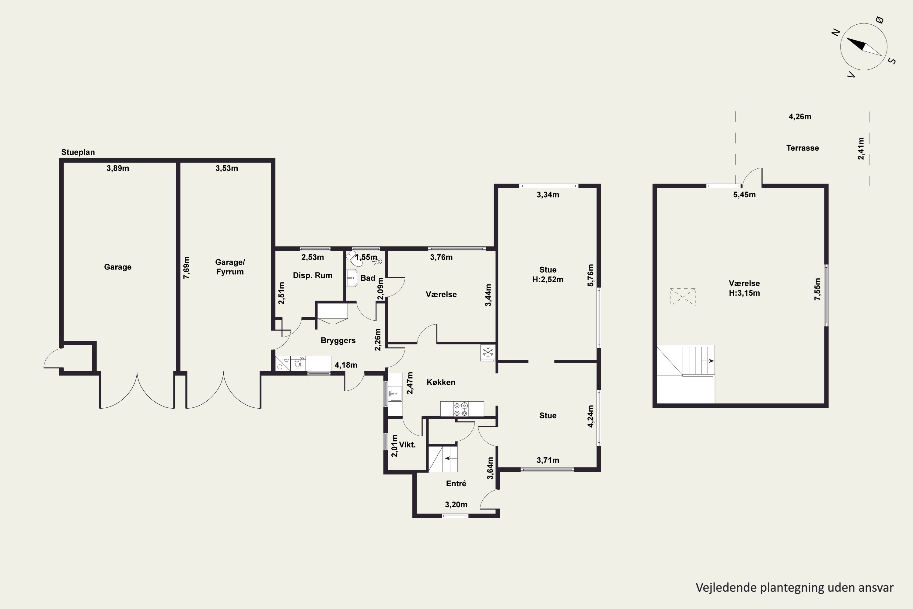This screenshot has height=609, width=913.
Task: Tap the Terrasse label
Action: click(x=802, y=148)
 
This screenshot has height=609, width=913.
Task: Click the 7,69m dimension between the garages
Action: click(x=187, y=268)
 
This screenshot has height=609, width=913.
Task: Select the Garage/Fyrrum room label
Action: click(x=230, y=267)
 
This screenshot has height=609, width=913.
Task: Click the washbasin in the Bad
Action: click(x=352, y=278)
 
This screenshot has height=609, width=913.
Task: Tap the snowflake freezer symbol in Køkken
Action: click(x=488, y=352)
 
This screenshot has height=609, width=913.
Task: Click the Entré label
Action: click(x=456, y=484)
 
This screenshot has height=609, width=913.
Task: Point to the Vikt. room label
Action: click(x=407, y=445)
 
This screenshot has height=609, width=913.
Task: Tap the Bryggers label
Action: click(x=338, y=341)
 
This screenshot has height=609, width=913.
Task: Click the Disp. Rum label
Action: click(x=313, y=275)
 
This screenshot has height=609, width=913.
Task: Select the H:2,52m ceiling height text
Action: click(x=548, y=279)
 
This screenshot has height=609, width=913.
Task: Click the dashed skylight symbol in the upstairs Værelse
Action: click(x=682, y=297)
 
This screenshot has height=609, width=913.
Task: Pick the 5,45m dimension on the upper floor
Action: click(x=744, y=195)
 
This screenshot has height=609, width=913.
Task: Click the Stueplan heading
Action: click(x=78, y=152)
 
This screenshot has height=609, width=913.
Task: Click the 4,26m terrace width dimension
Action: click(x=800, y=117)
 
